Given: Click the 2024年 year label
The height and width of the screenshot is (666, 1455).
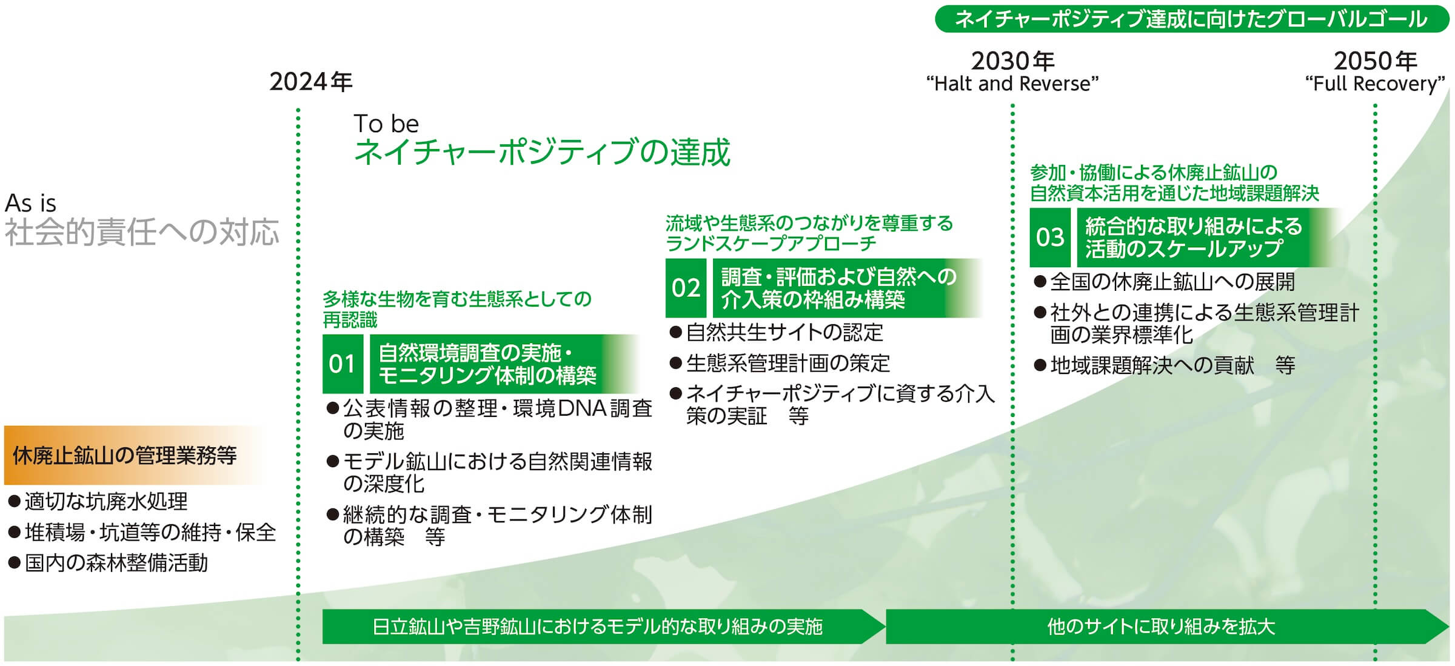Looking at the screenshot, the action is pos(311,82).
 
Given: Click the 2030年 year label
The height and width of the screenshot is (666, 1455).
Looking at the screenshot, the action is pos(1012,61).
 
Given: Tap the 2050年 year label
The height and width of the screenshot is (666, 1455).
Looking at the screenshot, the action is pos(1375,61).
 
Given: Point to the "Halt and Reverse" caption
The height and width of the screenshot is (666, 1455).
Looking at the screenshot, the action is pos(1012,84).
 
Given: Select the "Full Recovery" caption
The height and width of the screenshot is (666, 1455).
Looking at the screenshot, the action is pos(1375,84).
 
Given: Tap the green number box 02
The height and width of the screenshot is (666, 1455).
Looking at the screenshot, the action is pos(686,288).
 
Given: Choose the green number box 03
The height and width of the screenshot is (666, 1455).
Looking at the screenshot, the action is pos(1050,237).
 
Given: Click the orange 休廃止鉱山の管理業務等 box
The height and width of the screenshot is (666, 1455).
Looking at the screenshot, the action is pos(133,455).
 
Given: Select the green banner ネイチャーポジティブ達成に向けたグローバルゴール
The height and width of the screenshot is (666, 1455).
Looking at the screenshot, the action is pos(1192,19).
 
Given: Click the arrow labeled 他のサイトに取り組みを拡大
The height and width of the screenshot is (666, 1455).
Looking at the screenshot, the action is pos(1167,626).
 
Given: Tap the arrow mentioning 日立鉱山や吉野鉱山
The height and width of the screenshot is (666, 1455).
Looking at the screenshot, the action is pos(603,626).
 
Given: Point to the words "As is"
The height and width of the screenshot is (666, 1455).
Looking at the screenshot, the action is pos(30,203).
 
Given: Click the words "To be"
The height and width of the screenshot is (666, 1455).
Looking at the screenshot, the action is pos(386,124).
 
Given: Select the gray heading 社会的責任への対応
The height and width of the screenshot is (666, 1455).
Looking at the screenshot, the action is pos(142,232).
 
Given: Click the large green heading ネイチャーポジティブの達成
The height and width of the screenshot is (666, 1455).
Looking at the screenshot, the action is pos(543,152).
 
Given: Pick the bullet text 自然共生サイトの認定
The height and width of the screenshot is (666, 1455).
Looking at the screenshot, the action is pos(784,332).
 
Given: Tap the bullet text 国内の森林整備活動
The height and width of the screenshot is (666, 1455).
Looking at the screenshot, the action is pos(116,563).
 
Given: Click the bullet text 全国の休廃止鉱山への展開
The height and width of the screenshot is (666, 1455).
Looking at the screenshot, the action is pos(1172,282).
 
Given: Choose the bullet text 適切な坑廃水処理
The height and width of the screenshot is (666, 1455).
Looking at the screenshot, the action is pos(106,501).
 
